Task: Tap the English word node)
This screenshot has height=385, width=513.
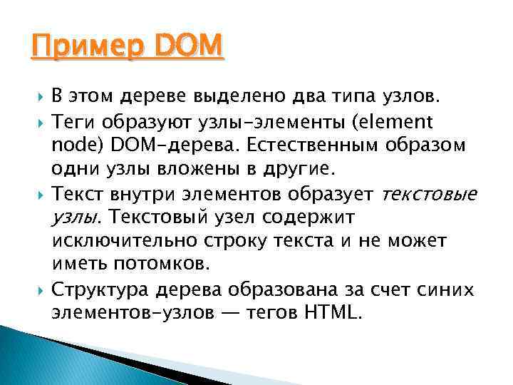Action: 77,144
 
